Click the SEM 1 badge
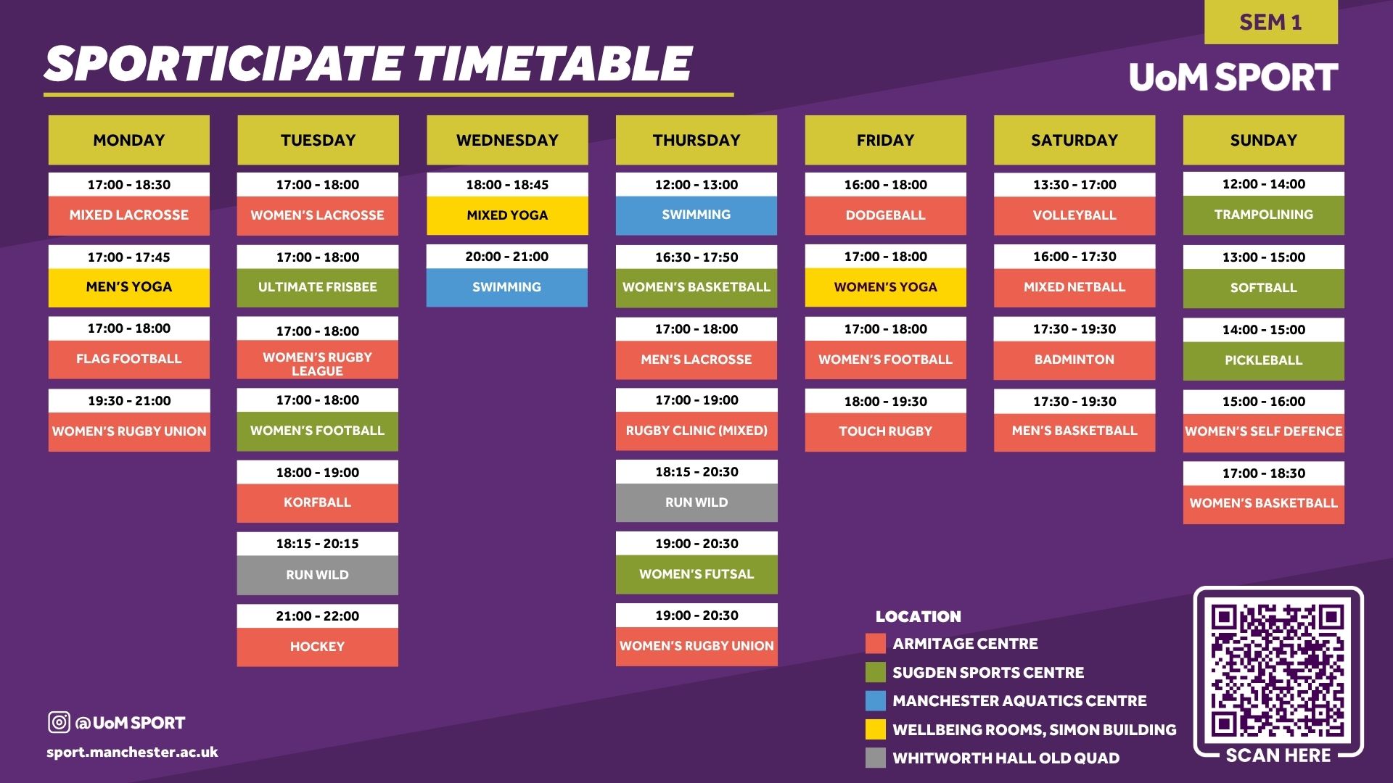point(1270,22)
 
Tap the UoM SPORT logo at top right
point(1233,77)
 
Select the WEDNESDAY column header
point(507,140)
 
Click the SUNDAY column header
point(1263,140)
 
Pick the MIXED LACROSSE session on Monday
point(129,215)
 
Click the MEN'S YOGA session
point(129,287)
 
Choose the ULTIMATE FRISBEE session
point(318,287)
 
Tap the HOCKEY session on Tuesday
point(318,647)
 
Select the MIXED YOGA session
point(507,215)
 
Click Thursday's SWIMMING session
point(696,215)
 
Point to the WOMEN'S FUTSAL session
point(696,574)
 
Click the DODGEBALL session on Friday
point(885,215)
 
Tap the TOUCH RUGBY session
point(885,431)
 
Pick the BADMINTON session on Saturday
point(1074,360)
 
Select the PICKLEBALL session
point(1263,360)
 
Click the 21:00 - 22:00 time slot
point(318,616)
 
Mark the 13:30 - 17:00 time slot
point(1074,185)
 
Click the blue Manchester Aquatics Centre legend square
point(876,701)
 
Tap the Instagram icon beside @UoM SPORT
point(59,722)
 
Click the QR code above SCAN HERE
point(1278,671)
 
